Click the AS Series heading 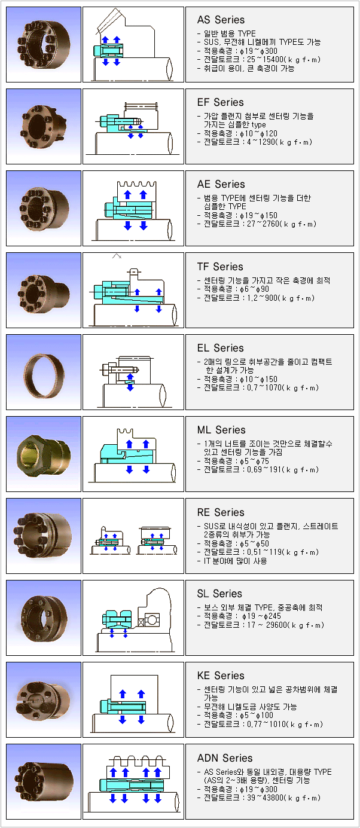pos(221,20)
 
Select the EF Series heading pos(220,102)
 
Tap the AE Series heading pos(221,185)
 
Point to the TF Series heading pos(220,267)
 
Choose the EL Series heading pos(220,348)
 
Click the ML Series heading pos(221,430)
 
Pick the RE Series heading pos(221,513)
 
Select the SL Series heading pos(219,594)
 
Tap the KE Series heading pos(221,676)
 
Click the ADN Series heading pos(225,758)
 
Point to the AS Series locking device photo pos(44,45)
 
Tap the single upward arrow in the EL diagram pos(130,376)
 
